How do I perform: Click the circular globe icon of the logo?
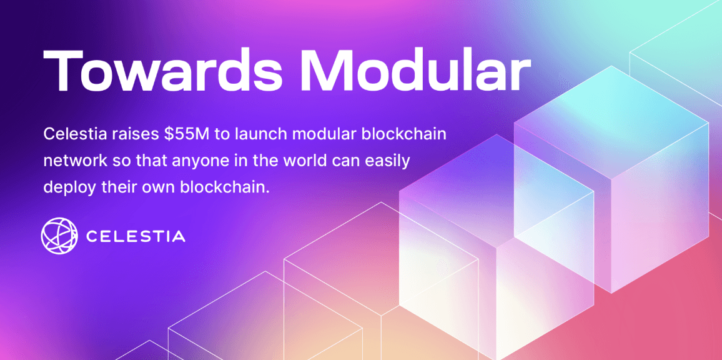(x=58, y=236)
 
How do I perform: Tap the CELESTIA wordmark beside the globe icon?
(x=136, y=236)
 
